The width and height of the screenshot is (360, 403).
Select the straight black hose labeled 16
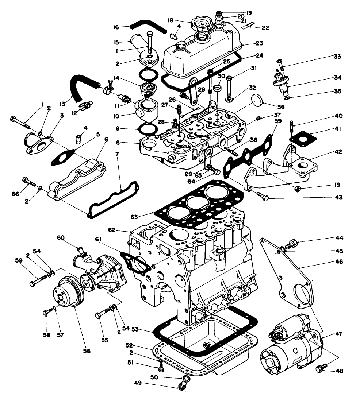click(x=148, y=27)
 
